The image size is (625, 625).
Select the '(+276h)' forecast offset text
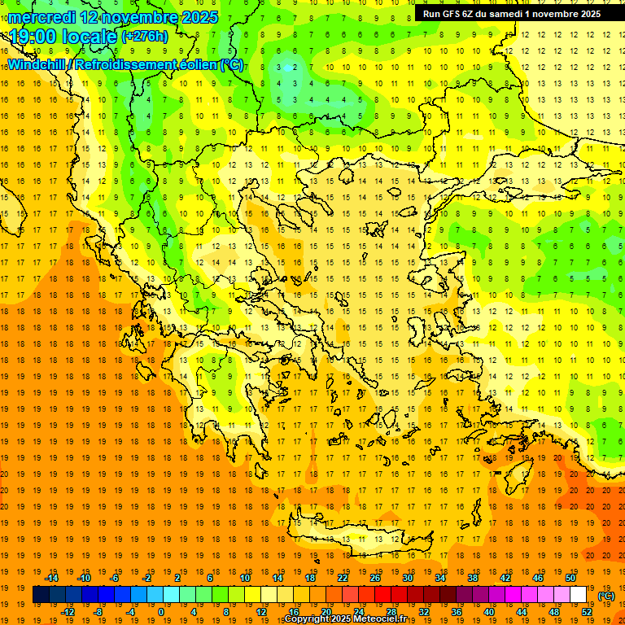pos(145,37)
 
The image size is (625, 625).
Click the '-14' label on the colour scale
pos(52,578)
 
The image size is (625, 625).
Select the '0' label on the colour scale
pos(160,612)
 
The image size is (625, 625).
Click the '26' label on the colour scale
pos(375,578)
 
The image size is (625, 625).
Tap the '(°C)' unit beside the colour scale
pos(606,596)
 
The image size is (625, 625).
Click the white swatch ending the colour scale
pos(578,595)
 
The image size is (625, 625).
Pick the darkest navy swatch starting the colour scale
pos(41,595)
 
